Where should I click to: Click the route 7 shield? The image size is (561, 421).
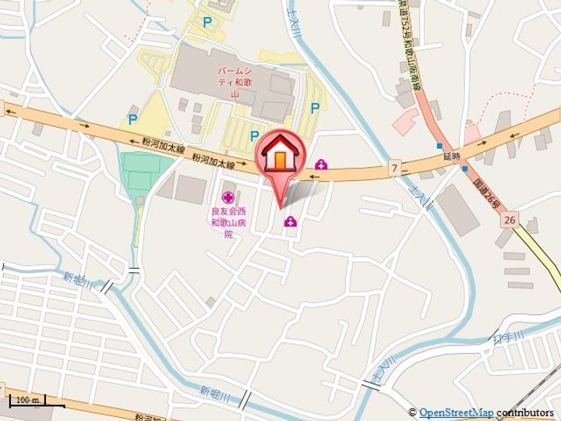[395, 168]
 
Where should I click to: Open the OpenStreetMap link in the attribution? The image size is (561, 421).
[456, 412]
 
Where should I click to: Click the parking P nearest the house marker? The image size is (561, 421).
[254, 136]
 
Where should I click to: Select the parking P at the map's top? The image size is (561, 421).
[206, 23]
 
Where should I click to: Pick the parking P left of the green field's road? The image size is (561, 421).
[132, 120]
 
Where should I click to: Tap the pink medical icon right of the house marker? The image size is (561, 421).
[320, 164]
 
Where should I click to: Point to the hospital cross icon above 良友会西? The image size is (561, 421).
[228, 198]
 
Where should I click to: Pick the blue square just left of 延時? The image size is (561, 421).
[439, 146]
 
